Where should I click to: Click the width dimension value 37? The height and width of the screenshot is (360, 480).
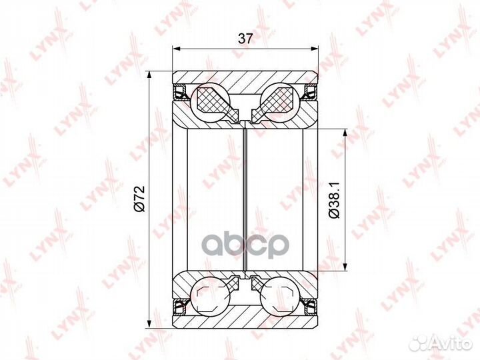click(x=245, y=39)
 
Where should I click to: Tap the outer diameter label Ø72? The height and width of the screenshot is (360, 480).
click(x=139, y=199)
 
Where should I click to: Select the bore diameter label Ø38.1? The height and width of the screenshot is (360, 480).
click(x=334, y=200)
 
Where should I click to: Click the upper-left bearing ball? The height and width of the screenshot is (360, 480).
click(x=210, y=102)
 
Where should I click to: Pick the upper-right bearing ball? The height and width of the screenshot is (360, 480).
click(x=279, y=102)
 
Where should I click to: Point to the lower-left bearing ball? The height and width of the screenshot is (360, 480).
click(x=210, y=296)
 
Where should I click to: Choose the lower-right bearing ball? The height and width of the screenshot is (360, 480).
click(x=279, y=296)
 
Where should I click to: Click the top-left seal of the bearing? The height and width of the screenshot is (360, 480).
click(x=180, y=92)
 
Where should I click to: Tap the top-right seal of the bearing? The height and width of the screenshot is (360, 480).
click(x=310, y=92)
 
